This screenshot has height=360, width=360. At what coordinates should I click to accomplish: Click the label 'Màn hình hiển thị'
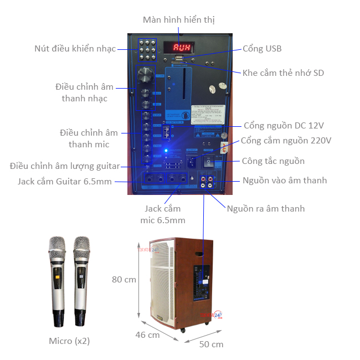[178, 20]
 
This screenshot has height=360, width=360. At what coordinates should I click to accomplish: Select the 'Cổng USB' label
[262, 49]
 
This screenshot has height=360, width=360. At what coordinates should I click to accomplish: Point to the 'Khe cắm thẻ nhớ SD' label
[283, 73]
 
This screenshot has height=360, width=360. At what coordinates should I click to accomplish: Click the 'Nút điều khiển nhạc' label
[75, 49]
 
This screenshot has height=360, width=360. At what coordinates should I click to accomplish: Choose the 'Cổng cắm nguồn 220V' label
[285, 141]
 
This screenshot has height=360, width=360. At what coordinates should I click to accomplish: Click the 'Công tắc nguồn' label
[273, 161]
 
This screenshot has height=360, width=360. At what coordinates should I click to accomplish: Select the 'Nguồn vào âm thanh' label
[284, 180]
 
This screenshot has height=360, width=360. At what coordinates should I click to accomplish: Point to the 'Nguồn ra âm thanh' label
[266, 208]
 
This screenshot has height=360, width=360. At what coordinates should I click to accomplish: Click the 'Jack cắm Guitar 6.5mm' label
[64, 181]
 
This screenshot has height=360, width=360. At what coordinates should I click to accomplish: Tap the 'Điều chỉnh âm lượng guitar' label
[65, 166]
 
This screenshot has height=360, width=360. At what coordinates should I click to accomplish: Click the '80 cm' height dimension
[124, 279]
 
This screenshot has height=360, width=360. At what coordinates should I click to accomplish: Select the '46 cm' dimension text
[148, 335]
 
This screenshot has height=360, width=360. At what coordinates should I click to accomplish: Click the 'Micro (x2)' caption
[69, 341]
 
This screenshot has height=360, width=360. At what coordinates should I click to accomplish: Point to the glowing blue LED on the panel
[164, 151]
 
